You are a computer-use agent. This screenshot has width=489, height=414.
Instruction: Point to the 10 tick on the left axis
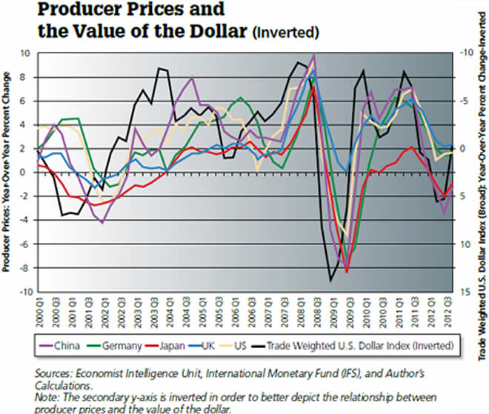[24, 53]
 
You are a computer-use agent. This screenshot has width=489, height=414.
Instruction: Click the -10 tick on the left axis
[22, 293]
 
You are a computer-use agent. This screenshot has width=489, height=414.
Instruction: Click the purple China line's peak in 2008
[315, 55]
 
